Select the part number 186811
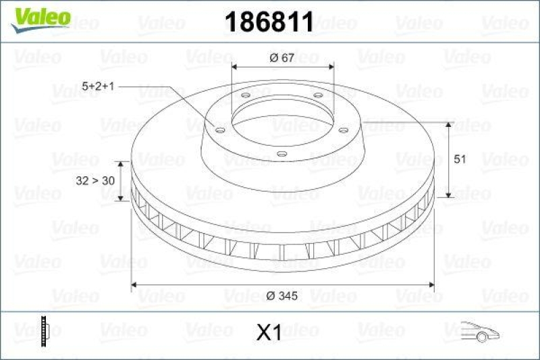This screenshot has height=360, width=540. click(268, 22)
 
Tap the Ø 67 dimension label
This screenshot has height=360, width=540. click(281, 58)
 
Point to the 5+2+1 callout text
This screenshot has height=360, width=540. click(99, 86)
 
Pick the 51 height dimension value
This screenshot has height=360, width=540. click(460, 159)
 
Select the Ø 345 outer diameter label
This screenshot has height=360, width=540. click(283, 295)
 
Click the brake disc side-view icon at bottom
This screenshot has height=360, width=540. click(45, 331)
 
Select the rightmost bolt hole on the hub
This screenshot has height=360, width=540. click(342, 130)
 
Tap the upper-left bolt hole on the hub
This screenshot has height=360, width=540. click(245, 96)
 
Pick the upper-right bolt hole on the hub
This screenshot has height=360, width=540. click(317, 96)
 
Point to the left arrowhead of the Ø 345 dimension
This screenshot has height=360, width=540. click(134, 285)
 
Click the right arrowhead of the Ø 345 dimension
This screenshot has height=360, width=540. click(429, 285)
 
